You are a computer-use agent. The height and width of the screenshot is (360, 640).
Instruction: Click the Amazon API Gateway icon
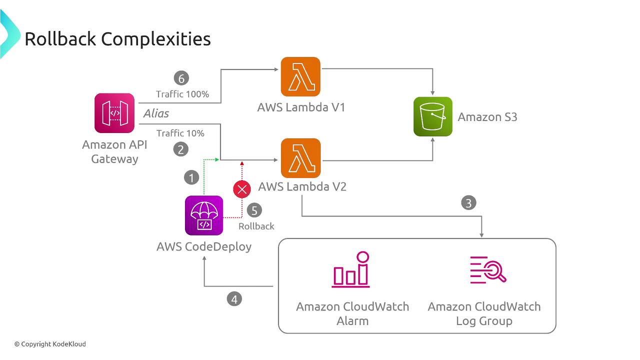(114, 113)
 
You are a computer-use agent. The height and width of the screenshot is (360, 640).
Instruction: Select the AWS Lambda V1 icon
(300, 76)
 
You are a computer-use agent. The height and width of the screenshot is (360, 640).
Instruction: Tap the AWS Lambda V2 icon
(300, 158)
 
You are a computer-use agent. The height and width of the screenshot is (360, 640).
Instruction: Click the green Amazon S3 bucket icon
(433, 116)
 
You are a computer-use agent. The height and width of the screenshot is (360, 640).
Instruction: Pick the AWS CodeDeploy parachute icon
(204, 215)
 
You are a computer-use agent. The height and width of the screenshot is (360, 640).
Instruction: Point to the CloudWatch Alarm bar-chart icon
(351, 270)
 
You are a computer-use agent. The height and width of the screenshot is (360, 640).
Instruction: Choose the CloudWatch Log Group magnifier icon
(487, 270)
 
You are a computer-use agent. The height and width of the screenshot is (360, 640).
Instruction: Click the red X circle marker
(242, 189)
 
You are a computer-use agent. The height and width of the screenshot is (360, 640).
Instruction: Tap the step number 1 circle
(191, 177)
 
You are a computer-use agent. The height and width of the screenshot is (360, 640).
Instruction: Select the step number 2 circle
(180, 148)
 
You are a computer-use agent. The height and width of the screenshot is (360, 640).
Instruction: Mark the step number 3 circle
(468, 203)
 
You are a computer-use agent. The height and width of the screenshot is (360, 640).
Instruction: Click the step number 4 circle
(234, 299)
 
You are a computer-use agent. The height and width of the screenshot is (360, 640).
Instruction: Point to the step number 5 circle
(254, 210)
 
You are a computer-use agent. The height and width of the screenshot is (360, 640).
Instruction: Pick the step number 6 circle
(181, 78)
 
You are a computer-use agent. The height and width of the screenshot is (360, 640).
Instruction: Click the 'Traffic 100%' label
(182, 94)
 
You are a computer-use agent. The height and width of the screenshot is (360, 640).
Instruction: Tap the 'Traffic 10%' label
(180, 133)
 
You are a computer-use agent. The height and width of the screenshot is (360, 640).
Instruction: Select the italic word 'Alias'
(156, 113)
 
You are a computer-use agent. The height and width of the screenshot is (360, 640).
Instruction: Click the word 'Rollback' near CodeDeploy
(256, 226)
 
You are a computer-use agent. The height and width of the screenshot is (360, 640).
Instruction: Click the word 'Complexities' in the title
(160, 38)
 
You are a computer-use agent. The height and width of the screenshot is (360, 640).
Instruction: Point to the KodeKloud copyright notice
(50, 344)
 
